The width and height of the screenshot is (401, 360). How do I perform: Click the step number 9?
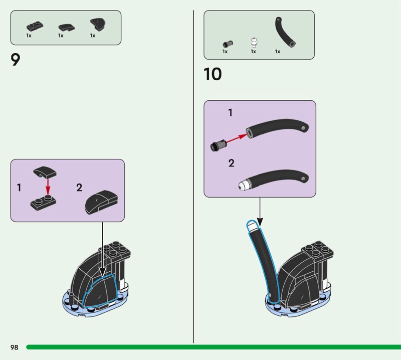tap(16, 60)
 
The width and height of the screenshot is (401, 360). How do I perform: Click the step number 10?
tap(213, 74)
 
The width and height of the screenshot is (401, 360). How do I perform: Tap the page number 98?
tap(15, 347)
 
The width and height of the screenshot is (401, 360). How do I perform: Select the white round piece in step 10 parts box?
tap(254, 42)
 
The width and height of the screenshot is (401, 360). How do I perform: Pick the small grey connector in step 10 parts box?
tap(228, 44)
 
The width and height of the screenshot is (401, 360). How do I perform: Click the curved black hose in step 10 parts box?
tap(285, 32)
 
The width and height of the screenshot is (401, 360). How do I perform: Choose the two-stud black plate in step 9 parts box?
tap(35, 26)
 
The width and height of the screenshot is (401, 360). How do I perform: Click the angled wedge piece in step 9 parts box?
tap(98, 24)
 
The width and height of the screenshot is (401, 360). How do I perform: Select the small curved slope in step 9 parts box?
tap(67, 27)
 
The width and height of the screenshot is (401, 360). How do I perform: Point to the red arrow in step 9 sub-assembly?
tap(48, 187)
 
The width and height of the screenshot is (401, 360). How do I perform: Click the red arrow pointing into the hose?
tap(237, 138)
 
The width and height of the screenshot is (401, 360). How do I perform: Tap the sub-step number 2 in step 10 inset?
tap(231, 163)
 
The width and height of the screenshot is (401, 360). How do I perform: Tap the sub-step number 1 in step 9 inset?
tap(19, 188)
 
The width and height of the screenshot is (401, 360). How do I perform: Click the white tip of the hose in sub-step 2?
tap(245, 185)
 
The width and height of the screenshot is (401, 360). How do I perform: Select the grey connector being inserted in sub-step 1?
tap(219, 145)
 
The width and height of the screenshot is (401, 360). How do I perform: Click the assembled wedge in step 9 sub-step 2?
tap(101, 202)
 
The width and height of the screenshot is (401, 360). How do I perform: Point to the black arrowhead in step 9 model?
tap(102, 272)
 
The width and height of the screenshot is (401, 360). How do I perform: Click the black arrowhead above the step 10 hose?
tap(260, 222)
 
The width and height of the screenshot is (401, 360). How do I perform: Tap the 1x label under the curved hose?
tap(278, 52)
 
